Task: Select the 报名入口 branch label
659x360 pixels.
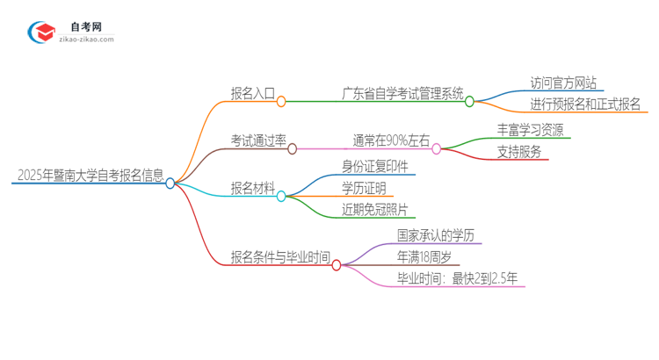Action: (x=251, y=92)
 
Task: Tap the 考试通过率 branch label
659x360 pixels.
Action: (x=258, y=140)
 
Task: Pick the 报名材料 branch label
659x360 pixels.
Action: (x=252, y=187)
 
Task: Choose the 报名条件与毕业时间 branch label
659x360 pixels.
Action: (x=280, y=256)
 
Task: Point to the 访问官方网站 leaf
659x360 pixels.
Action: (x=563, y=83)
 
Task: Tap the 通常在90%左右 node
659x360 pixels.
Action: (x=391, y=140)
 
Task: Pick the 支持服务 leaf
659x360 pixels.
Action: (x=518, y=151)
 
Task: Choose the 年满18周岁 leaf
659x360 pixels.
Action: (x=424, y=257)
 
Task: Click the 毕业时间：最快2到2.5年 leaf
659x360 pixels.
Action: (x=457, y=279)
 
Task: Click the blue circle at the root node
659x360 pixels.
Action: (x=170, y=184)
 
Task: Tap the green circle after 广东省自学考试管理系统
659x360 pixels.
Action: (x=469, y=102)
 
